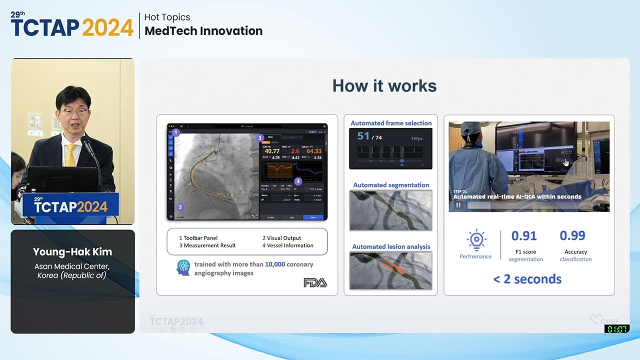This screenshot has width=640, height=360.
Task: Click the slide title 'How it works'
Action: coord(384,85)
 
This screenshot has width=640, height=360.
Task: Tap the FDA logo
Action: coord(315,282)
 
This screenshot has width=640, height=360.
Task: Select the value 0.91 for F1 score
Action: coord(524,235)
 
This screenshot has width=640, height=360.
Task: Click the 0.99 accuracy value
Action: coord(572,235)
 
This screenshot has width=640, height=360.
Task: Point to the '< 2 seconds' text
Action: coord(527,279)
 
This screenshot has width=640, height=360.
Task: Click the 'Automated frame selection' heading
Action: coord(391,123)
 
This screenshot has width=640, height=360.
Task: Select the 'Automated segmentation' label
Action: coord(391,185)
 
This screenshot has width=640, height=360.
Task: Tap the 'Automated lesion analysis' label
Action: coord(391,246)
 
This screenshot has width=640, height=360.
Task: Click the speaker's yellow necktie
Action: coord(70,154)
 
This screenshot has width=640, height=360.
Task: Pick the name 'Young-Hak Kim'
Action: coord(72,252)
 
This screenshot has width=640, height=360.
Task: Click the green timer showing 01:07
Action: coord(616,328)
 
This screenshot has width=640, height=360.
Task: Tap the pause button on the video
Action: coord(458,205)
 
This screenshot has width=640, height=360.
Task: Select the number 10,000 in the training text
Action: coord(274,264)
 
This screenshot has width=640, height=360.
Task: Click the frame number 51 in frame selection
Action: coord(363,136)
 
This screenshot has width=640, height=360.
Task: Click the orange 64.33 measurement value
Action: coord(314,151)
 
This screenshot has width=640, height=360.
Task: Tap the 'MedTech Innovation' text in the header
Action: coord(203,31)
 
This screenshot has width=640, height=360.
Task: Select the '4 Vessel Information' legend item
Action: coord(287,245)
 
